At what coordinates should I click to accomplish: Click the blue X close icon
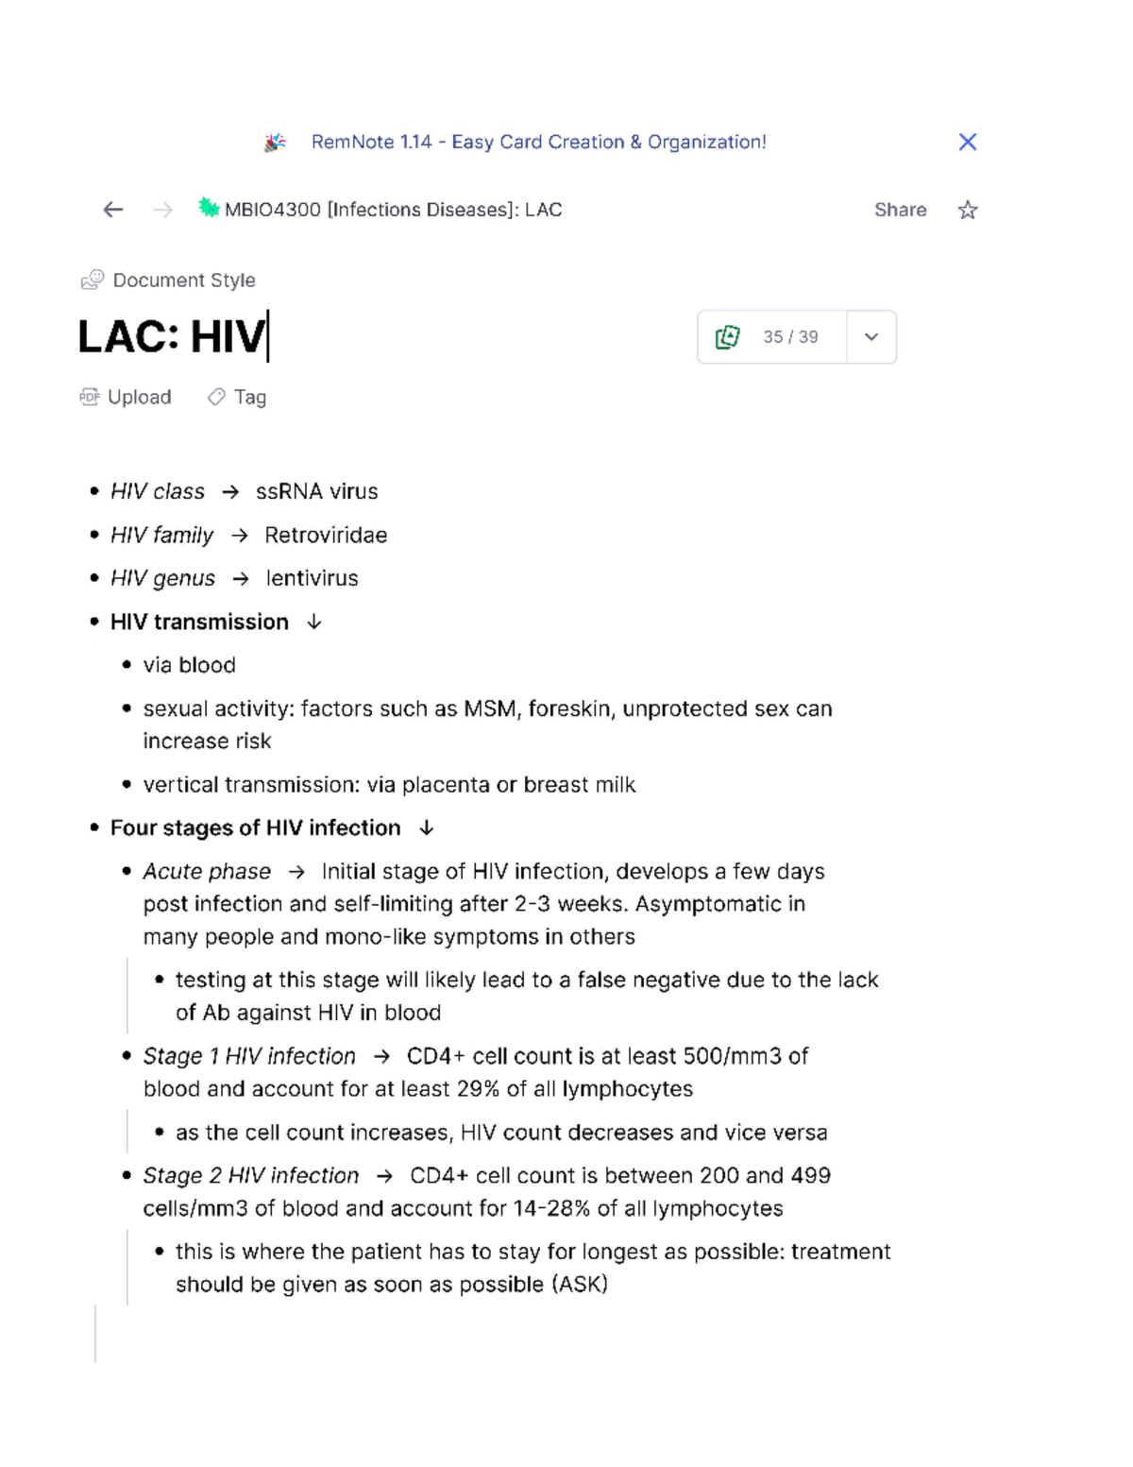pos(967,142)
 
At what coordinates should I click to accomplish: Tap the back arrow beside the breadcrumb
pos(113,210)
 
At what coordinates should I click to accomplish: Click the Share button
pos(900,210)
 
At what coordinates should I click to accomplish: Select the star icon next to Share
pos(968,210)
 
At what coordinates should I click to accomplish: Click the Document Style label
pos(183,281)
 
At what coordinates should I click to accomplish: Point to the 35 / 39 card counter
pos(789,337)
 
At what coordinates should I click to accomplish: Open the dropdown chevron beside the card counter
pos(871,337)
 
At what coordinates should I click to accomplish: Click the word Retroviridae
pos(326,536)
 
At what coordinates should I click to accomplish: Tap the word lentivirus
pos(312,578)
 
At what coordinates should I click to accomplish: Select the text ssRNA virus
pos(316,491)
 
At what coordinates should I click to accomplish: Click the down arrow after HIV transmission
pos(314,622)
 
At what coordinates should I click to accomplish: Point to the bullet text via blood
pos(189,665)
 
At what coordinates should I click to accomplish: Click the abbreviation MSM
pos(490,708)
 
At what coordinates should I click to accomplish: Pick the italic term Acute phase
pos(207,871)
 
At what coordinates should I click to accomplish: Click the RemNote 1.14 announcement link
pos(538,142)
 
